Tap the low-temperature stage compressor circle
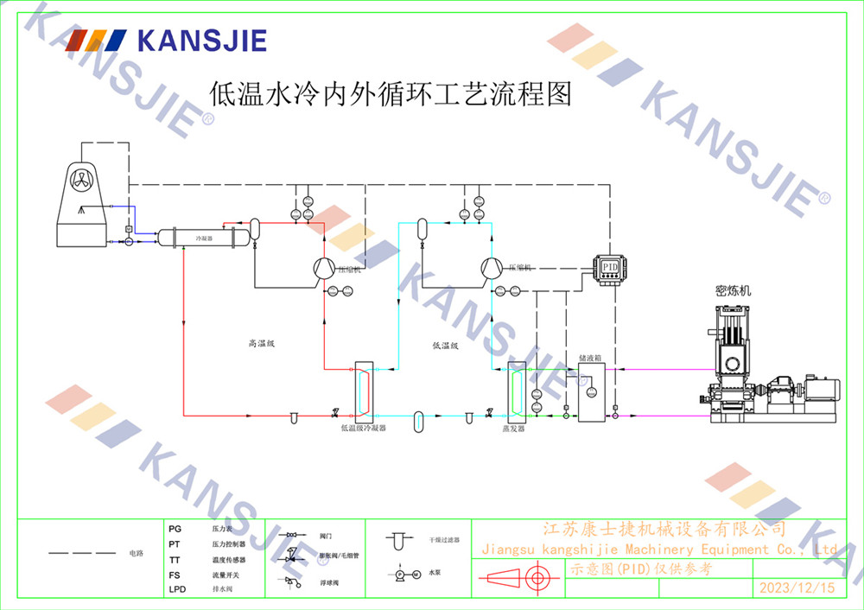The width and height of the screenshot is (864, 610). pos(492,267)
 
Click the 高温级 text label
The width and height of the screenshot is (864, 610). pos(261,343)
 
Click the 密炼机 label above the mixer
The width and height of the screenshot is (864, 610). pos(734,291)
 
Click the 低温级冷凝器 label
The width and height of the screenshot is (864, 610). pos(363,428)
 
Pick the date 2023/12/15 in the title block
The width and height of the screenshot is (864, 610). pos(797,588)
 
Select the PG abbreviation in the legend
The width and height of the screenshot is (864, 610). pos(175,527)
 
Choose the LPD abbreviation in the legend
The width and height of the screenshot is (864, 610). pos(177,589)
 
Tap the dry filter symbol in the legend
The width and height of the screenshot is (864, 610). pos(398,540)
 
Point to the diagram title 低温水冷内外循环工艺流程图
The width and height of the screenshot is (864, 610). pos(391,93)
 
